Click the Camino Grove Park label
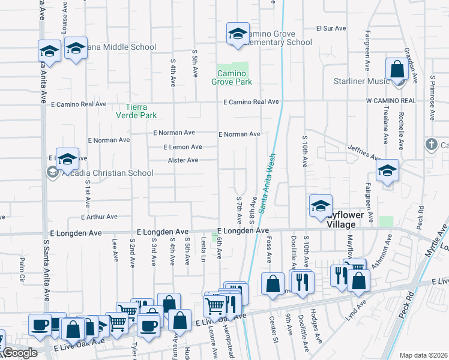235,77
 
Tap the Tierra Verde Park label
133,111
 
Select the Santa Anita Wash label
266,180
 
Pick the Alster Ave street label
183,160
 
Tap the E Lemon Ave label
182,147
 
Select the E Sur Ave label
332,28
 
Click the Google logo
20,353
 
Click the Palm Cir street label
22,269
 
